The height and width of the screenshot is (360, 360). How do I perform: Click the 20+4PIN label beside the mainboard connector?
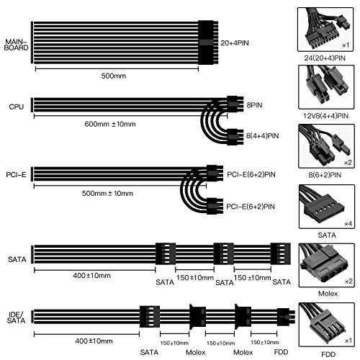[235, 43]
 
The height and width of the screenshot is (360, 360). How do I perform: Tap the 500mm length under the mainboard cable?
[114, 76]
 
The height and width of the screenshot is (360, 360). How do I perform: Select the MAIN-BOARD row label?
[17, 45]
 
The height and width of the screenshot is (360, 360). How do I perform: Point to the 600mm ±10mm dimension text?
[110, 124]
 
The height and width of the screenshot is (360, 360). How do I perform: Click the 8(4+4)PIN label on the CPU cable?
[262, 136]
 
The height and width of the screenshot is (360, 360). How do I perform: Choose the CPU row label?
[17, 107]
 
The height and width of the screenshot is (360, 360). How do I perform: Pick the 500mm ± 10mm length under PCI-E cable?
[107, 193]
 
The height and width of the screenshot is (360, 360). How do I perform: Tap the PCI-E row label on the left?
[16, 175]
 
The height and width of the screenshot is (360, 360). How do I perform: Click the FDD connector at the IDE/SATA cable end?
[286, 317]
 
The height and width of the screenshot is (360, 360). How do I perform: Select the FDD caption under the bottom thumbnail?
[328, 354]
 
